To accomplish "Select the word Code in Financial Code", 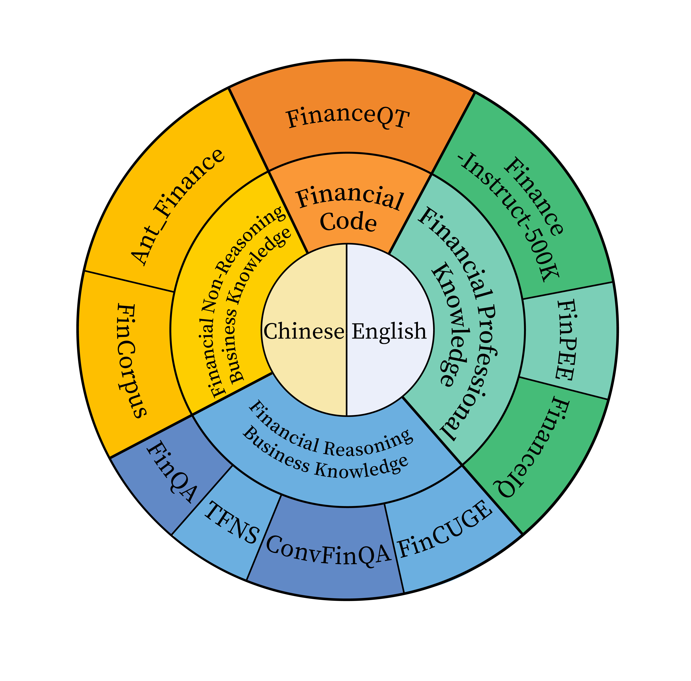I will click(348, 222).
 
